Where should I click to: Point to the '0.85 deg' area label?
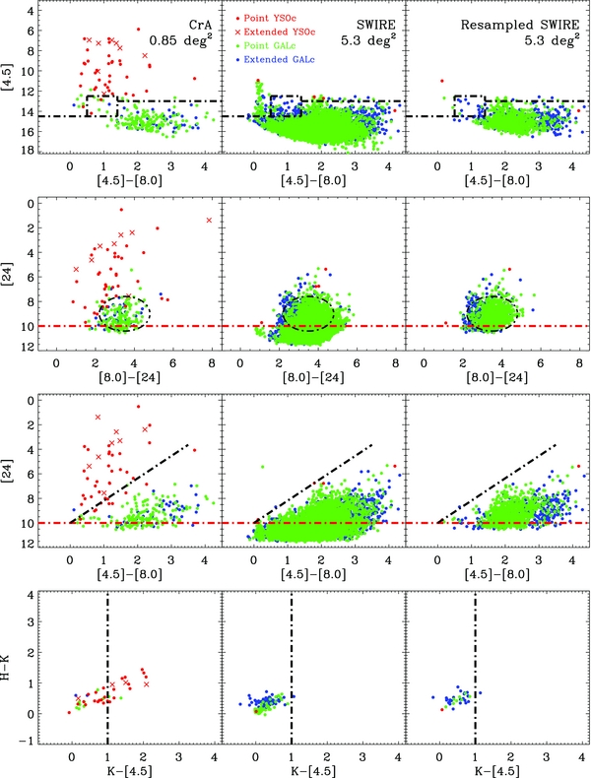point(179,41)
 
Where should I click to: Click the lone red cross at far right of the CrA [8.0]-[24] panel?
point(209,221)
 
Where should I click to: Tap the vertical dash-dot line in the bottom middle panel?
point(292,670)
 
